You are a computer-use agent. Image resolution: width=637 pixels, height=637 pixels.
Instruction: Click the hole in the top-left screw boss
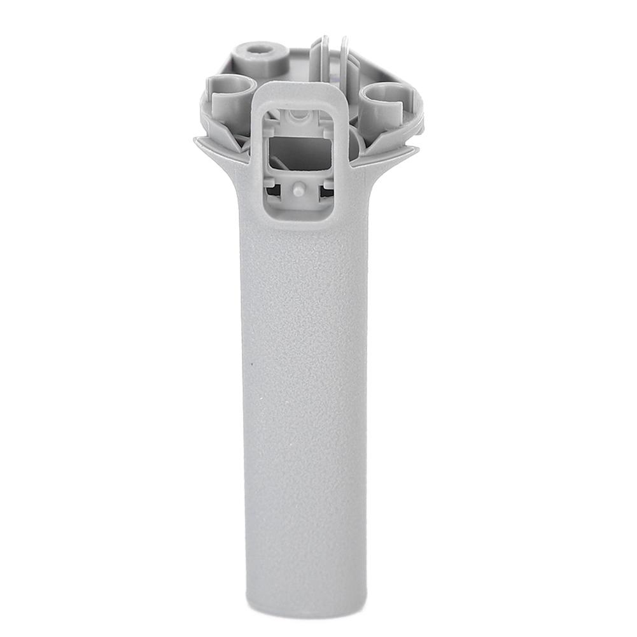(x=259, y=49)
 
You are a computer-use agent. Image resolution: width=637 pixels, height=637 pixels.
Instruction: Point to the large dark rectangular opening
(x=300, y=152)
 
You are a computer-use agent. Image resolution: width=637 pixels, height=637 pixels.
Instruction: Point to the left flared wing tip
(x=198, y=141)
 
